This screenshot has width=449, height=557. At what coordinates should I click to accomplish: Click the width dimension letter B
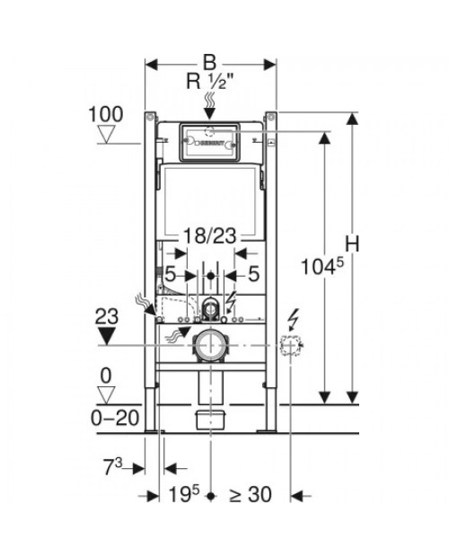pos(209,63)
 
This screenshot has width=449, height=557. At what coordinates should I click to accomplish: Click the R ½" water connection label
pos(210,83)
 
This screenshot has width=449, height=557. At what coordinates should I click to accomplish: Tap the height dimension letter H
pos(352,244)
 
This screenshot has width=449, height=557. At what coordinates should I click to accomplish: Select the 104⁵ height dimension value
pos(322,267)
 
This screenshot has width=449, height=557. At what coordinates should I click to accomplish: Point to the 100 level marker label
pos(106,114)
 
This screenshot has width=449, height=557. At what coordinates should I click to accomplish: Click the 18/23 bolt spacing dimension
pos(209,235)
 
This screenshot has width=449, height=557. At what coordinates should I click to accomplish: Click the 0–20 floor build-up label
pos(115,418)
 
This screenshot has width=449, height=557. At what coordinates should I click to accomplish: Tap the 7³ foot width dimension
pos(113,466)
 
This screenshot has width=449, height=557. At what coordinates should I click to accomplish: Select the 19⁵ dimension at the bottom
pos(184,494)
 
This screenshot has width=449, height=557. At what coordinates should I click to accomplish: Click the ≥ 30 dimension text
pos(251,494)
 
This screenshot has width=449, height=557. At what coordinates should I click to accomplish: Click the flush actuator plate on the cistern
pos(210,142)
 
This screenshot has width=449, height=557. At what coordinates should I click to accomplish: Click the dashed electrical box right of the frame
pos(291,345)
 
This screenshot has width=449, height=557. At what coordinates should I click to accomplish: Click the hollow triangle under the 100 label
pos(107,134)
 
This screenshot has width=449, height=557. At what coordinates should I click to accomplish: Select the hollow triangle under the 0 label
pos(106,395)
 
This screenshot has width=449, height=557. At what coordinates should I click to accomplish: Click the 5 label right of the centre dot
pos(253,274)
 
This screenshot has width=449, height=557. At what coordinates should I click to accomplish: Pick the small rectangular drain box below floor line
pos(211,419)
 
